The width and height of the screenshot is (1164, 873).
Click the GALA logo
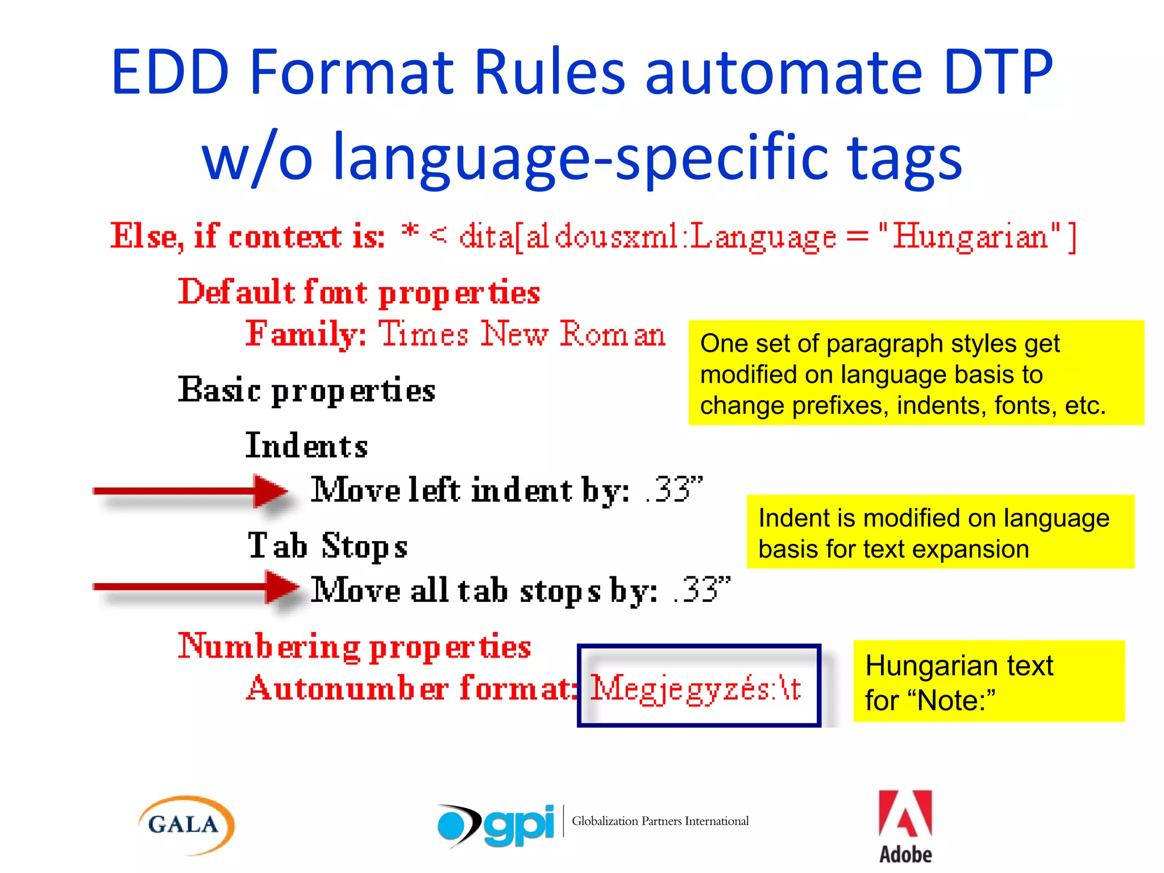186,825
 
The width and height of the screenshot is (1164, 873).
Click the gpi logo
496,825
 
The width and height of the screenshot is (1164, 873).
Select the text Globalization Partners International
660,821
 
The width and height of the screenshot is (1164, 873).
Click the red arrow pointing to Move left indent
190,490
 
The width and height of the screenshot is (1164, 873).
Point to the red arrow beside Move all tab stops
196,587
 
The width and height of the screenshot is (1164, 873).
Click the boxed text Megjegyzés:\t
697,688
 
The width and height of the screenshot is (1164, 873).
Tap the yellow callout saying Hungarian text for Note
988,681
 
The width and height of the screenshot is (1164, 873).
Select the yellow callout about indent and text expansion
940,532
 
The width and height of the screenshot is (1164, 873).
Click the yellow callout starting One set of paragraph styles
916,373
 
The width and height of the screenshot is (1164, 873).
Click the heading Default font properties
359,293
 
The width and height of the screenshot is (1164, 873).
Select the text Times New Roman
522,334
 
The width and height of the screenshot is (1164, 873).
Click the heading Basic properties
306,391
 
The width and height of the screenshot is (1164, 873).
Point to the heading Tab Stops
327,546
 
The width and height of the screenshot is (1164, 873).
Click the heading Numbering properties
354,647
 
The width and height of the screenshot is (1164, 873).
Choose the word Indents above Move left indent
306,446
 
